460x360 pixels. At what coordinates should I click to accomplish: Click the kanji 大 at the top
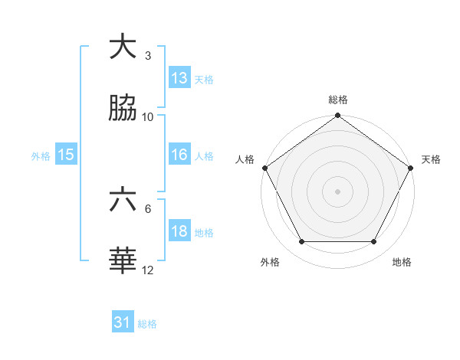[123, 47]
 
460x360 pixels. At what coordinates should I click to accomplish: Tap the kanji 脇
[123, 110]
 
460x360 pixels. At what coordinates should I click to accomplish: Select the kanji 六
[123, 200]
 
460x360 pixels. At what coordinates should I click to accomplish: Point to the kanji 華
[123, 261]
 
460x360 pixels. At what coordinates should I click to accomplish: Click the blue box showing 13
[179, 77]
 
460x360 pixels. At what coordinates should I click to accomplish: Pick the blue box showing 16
[179, 155]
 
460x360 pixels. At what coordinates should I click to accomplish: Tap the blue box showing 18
[179, 232]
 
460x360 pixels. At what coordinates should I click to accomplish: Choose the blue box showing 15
[66, 155]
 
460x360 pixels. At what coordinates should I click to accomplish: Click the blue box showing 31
[123, 322]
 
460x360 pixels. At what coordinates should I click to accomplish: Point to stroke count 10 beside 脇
[148, 117]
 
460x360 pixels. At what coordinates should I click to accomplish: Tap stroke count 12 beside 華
[148, 270]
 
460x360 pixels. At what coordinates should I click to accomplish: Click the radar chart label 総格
[338, 100]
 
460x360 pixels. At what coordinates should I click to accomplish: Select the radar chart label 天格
[431, 159]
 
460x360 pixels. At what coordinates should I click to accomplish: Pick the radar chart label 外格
[270, 262]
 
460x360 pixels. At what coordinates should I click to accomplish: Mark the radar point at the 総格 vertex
[338, 116]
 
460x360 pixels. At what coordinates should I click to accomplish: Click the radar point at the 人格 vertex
[264, 168]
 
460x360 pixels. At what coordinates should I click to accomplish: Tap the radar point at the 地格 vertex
[374, 242]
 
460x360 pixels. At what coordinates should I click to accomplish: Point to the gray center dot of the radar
[338, 191]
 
